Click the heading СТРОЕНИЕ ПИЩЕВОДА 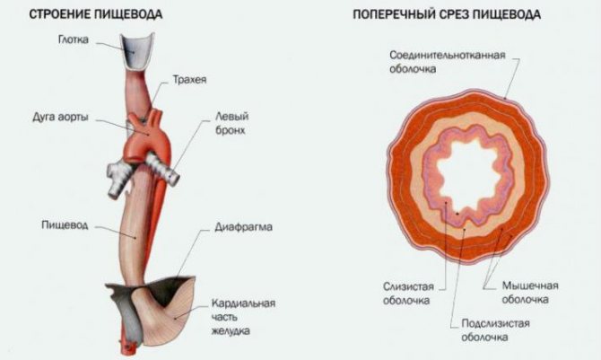[96, 14]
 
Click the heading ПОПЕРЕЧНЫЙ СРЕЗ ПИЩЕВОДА [447, 14]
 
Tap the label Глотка [74, 40]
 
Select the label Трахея [189, 79]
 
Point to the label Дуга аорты [60, 117]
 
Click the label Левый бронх [231, 123]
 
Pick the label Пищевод [65, 224]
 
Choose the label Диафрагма [243, 227]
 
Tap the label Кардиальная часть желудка [243, 317]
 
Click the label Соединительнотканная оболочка [448, 62]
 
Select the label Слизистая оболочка [408, 294]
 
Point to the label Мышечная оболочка [530, 292]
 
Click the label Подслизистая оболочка [495, 330]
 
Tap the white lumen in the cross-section [466, 171]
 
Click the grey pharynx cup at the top [137, 52]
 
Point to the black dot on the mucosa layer [457, 214]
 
